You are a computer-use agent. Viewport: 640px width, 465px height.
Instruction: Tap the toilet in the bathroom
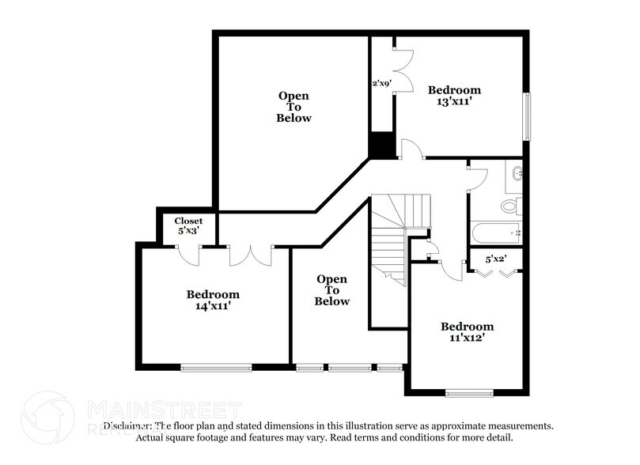tap(510, 206)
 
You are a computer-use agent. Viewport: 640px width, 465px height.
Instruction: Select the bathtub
tap(495, 233)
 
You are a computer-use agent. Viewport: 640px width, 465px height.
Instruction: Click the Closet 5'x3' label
tap(188, 226)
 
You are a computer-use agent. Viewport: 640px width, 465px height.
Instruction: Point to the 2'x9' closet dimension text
tap(383, 81)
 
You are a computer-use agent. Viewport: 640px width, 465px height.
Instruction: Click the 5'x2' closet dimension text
tap(495, 258)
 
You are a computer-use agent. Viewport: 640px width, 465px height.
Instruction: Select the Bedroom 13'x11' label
tap(454, 96)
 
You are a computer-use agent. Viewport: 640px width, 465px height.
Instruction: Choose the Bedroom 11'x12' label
tap(467, 332)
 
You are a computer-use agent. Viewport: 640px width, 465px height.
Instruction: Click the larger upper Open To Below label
tap(293, 107)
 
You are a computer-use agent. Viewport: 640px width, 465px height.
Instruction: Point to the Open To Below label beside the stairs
tap(331, 290)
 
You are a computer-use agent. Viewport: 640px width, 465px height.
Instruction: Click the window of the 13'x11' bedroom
tap(526, 117)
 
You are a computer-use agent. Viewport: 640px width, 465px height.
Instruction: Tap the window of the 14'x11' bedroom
tap(216, 367)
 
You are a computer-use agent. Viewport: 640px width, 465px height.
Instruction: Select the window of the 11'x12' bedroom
tap(469, 393)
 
